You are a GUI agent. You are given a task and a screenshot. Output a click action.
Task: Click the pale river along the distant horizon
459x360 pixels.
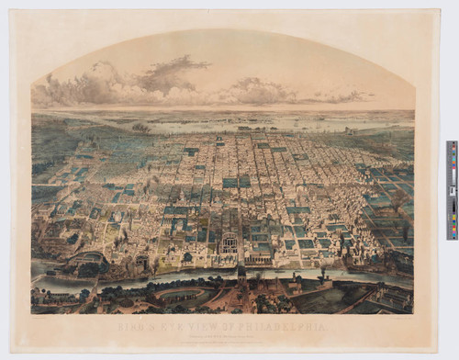(x=229, y=117)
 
